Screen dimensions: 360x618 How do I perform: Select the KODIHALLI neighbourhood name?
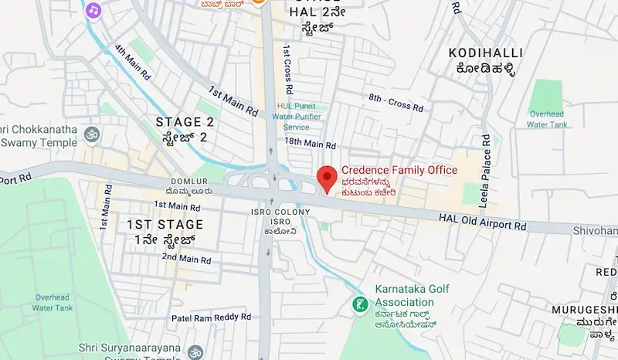(485, 53)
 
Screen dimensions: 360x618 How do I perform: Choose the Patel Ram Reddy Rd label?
(211, 317)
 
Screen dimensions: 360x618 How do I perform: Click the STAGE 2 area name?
(185, 121)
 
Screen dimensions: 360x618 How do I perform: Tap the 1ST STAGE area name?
(165, 224)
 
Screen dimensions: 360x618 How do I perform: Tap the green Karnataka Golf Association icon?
(359, 304)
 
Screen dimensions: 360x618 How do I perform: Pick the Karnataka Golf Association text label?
(413, 295)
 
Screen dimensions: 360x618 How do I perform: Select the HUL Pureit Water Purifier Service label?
(307, 116)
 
